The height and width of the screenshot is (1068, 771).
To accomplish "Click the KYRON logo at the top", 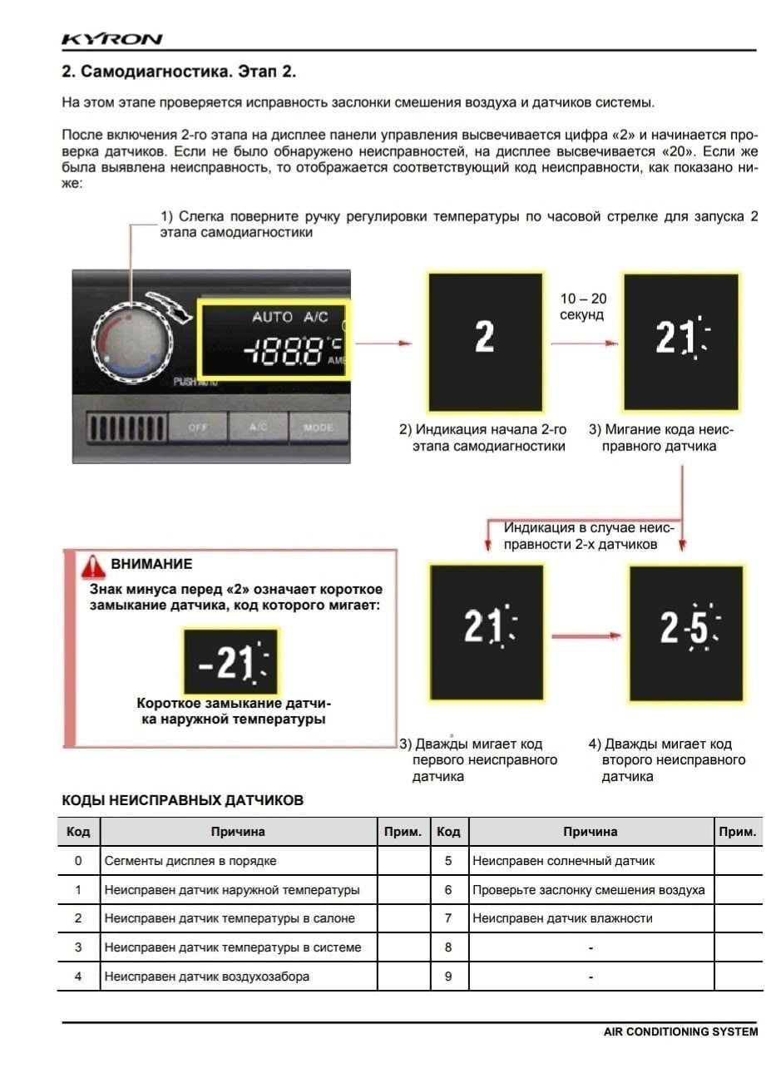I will pyautogui.click(x=111, y=39).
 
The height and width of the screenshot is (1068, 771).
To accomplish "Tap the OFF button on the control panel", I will pyautogui.click(x=197, y=428).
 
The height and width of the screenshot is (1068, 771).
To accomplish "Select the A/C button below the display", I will pyautogui.click(x=258, y=428).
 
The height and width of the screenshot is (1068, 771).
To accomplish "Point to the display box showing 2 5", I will pyautogui.click(x=685, y=632).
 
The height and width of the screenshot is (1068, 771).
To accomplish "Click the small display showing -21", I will pyautogui.click(x=230, y=661).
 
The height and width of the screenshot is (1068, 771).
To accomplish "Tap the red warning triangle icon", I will pyautogui.click(x=92, y=566).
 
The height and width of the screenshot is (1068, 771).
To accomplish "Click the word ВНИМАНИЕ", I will pyautogui.click(x=151, y=564).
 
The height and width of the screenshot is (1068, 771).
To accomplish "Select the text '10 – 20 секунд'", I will pyautogui.click(x=582, y=307).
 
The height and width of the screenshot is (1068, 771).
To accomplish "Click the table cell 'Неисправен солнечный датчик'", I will pyautogui.click(x=563, y=861).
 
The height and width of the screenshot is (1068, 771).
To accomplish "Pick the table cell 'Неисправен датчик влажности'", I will pyautogui.click(x=562, y=918).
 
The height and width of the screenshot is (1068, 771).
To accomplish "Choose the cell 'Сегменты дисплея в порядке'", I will pyautogui.click(x=190, y=861).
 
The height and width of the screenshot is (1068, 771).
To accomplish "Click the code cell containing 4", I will pyautogui.click(x=78, y=977).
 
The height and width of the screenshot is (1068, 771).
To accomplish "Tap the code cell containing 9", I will pyautogui.click(x=447, y=977).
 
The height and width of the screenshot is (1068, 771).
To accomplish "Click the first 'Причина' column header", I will pyautogui.click(x=238, y=832).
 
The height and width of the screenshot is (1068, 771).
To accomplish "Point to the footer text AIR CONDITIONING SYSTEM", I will pyautogui.click(x=680, y=1031).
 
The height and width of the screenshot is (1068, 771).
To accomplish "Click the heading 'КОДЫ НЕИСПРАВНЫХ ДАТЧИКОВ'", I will pyautogui.click(x=183, y=800).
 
